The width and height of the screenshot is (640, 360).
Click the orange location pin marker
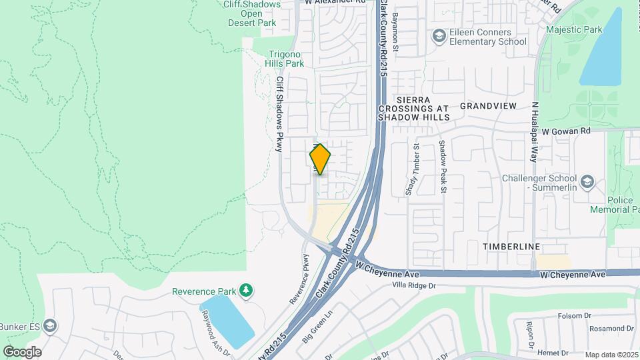[x=321, y=159]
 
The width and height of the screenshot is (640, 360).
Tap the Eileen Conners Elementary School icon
[x=439, y=35]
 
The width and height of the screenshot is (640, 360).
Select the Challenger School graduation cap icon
[x=587, y=181]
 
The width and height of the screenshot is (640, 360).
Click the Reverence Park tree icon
[x=247, y=291]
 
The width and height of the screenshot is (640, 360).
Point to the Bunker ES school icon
[x=51, y=326]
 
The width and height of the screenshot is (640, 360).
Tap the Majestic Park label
[x=574, y=29]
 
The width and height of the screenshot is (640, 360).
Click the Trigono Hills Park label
[x=285, y=59]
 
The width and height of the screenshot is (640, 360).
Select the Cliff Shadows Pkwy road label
[x=281, y=114]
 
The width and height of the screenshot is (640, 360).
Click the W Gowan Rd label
[x=566, y=132]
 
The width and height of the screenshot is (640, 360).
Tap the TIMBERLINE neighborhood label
[x=511, y=247]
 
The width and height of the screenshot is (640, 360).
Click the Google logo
[x=22, y=351]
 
